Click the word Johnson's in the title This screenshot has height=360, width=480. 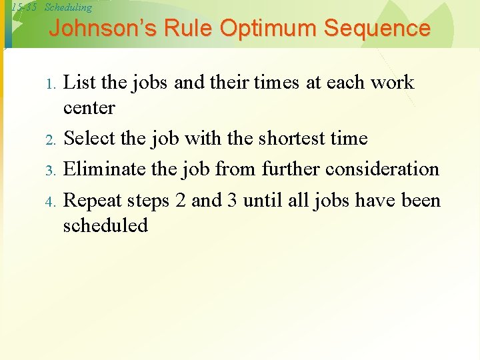point(89,29)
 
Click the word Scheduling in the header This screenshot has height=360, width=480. point(68,7)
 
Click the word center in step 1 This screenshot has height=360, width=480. point(89,108)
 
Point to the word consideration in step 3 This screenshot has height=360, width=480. point(382,169)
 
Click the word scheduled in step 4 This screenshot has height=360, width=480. point(105,225)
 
